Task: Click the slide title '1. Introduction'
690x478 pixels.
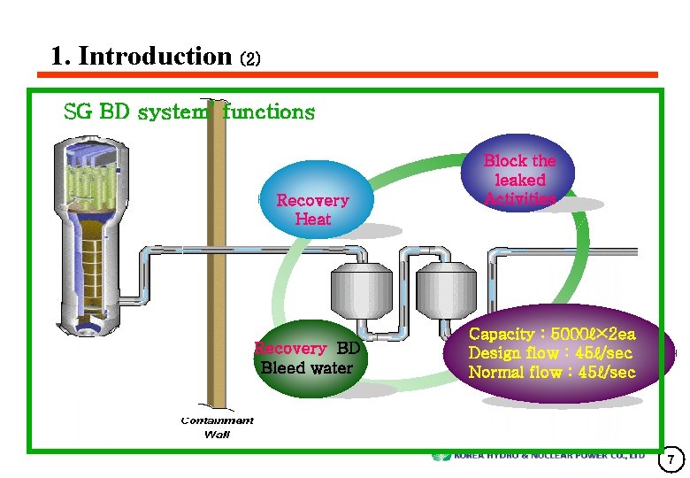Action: coord(141,57)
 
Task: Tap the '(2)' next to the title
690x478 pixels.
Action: coord(250,59)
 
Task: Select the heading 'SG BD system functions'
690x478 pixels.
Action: coord(188,112)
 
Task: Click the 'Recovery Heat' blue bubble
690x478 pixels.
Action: coord(312,200)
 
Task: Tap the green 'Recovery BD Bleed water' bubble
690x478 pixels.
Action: coord(306,358)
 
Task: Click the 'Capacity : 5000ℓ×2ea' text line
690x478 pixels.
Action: coord(551,335)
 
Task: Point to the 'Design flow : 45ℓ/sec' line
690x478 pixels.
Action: coord(550,353)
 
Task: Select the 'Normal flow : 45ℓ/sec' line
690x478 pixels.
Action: coord(551,373)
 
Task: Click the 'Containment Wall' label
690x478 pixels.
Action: coord(217,427)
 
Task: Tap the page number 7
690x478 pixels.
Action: coord(671,459)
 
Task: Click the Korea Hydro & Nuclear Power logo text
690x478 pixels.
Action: coord(548,456)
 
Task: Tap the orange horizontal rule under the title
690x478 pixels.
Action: coord(354,75)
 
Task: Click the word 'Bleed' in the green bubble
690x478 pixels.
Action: coord(282,368)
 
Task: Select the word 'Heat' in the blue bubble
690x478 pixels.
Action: coord(312,219)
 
